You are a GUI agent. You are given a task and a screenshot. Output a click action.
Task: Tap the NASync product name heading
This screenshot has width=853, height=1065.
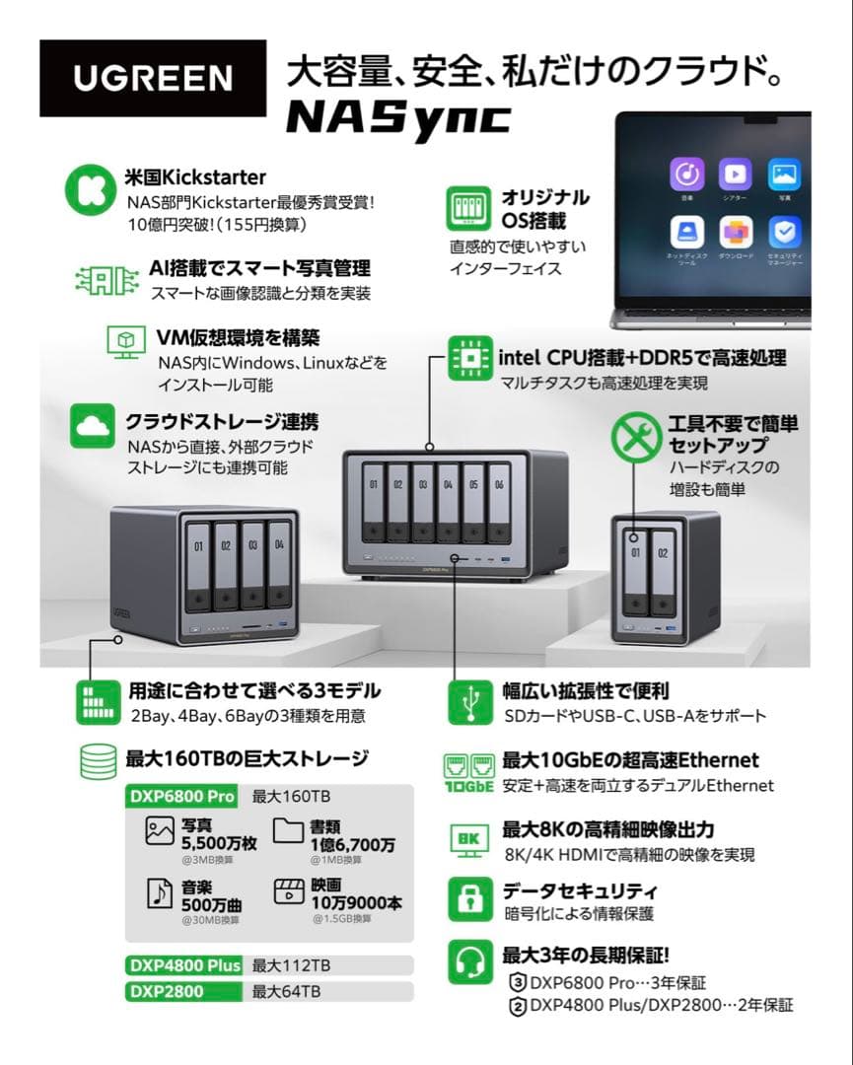tap(397, 117)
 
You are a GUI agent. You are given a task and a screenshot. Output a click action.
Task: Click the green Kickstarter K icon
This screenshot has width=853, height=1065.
tap(90, 189)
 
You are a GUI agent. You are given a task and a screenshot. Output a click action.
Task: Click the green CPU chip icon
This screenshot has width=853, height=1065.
tap(470, 357)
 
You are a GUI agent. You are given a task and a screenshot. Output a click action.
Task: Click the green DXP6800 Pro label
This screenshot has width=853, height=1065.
tap(183, 796)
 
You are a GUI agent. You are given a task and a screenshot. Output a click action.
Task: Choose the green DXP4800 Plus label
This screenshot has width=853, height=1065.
tap(184, 965)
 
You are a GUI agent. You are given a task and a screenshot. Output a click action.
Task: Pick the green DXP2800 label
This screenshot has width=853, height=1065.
tap(166, 991)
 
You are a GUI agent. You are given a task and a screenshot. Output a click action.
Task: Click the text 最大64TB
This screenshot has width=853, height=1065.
tap(286, 991)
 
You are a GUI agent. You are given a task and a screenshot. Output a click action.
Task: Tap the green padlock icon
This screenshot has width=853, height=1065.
tap(470, 898)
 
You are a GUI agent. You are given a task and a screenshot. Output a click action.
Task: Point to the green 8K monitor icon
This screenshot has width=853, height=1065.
tap(470, 838)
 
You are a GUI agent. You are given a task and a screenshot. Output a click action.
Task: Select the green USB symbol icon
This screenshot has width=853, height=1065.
tap(470, 701)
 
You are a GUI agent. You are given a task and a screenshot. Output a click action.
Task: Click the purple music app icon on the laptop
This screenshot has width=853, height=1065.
tap(686, 175)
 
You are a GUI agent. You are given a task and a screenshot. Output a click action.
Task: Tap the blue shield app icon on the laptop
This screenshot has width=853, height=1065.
tap(785, 233)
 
